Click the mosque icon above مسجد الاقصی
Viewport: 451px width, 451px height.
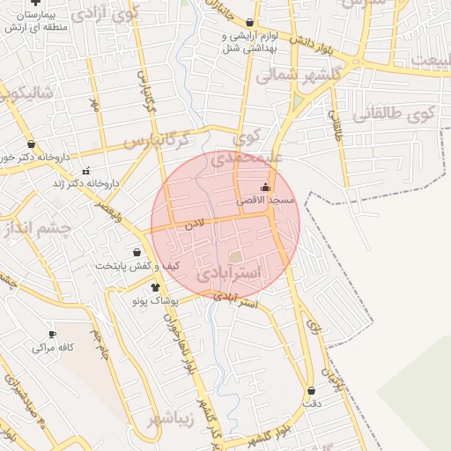[266, 187]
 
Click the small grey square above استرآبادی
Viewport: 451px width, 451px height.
[235, 256]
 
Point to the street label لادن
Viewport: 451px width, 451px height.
[195, 225]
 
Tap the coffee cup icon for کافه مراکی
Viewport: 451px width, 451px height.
[52, 335]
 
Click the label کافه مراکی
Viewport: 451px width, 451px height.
[53, 348]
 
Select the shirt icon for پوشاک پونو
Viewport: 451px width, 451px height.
[156, 287]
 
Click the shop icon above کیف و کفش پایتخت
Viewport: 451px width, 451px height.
[137, 253]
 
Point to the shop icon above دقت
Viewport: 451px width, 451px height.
[312, 390]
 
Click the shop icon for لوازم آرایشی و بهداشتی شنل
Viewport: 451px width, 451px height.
[250, 24]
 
